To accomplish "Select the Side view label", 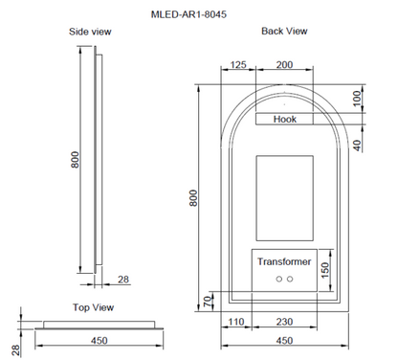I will click(91, 32).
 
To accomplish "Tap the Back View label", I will click(284, 32).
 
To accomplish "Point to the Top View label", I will click(94, 307).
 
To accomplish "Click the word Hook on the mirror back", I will click(285, 120).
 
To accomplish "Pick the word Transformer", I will click(285, 261).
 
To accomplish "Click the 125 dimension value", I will click(238, 65).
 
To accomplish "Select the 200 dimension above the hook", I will click(285, 65).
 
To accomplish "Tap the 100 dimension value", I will click(356, 98).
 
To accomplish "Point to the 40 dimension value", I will click(356, 145).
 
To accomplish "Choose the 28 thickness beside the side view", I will click(122, 279).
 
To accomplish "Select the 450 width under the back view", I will click(284, 339).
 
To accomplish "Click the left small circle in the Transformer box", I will click(278, 280).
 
